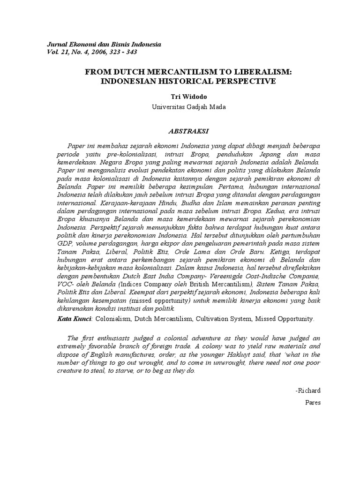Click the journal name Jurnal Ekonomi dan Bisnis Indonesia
104,44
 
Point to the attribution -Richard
308,390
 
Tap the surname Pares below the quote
313,402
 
